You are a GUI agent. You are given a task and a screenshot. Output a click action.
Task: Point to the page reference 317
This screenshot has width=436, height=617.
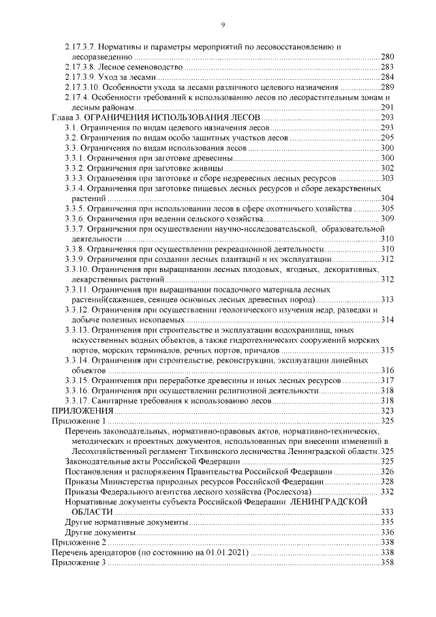pos(388,380)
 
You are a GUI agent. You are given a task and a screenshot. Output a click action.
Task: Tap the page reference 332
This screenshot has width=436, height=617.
pos(388,491)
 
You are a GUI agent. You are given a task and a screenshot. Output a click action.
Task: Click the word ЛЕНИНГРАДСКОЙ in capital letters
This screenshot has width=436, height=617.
pos(332,501)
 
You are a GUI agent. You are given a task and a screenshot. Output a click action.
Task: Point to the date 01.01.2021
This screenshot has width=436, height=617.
pos(226,552)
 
